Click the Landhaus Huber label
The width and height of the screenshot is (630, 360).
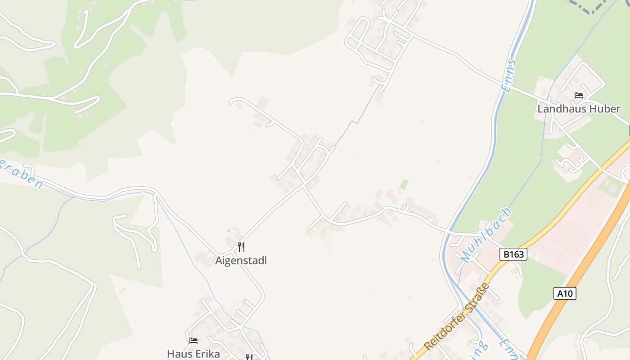coord(579,109)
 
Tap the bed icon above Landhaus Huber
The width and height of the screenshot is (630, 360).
coord(579,95)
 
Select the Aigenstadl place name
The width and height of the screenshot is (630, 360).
coord(241,261)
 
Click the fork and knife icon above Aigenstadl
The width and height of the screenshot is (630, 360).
coord(241,247)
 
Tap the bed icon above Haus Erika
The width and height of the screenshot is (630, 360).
coord(193,341)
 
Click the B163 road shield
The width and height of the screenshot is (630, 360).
coord(513,254)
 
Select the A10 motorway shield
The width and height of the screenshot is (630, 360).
coord(564,294)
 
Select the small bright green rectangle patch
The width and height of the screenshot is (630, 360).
coord(405,184)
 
